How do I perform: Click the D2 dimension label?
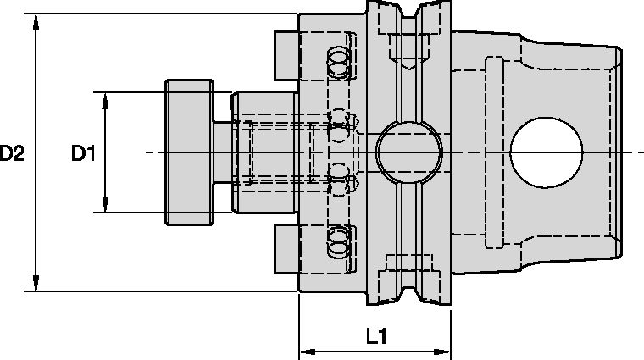coord(12,153)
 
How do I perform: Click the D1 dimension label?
coord(83,153)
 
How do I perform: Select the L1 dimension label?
coord(376,336)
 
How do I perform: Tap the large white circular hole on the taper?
coord(547,152)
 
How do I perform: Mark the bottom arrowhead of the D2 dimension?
coord(35,284)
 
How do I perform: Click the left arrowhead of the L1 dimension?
coord(308,350)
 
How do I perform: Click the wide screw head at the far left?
coord(187,152)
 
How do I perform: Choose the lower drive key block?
coord(286,251)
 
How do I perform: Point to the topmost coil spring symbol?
coord(339,58)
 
